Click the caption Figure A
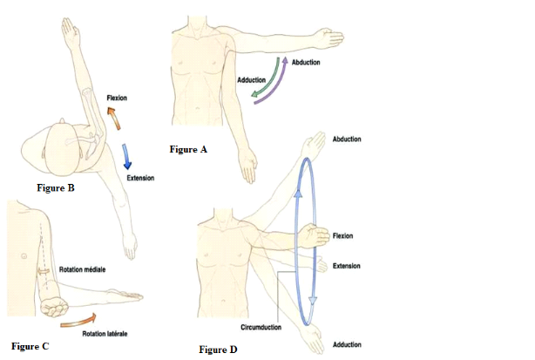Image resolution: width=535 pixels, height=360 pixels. tap(187, 150)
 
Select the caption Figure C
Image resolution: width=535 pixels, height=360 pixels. tap(30, 346)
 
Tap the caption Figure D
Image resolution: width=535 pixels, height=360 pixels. tap(217, 350)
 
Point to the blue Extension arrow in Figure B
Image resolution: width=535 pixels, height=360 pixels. tap(129, 156)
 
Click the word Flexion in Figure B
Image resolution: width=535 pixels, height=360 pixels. tap(117, 98)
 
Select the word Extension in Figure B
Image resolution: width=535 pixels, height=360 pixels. tap(139, 178)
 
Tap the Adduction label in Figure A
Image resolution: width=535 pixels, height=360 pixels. tap(251, 80)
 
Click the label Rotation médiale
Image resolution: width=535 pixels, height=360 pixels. tap(82, 270)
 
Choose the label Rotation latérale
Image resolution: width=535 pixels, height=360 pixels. tap(105, 333)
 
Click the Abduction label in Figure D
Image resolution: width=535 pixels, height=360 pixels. tap(347, 139)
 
